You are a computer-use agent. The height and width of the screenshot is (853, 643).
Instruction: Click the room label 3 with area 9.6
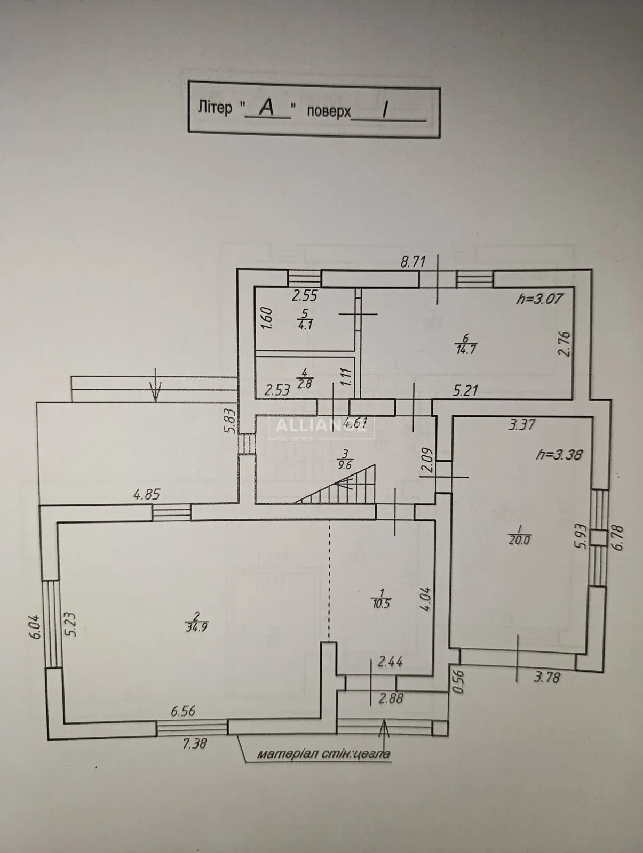click(x=345, y=458)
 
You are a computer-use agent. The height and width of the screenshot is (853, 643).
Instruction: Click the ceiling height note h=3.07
click(x=539, y=299)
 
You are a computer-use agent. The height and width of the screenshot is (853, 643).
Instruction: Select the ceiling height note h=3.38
click(x=558, y=455)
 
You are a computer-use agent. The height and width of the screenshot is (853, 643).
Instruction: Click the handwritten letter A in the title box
click(x=267, y=108)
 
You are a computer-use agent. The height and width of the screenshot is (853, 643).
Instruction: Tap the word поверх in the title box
click(x=329, y=111)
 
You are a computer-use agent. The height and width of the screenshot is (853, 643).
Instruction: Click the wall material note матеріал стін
click(x=323, y=754)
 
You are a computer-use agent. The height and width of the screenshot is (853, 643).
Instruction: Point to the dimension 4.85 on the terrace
click(x=146, y=494)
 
